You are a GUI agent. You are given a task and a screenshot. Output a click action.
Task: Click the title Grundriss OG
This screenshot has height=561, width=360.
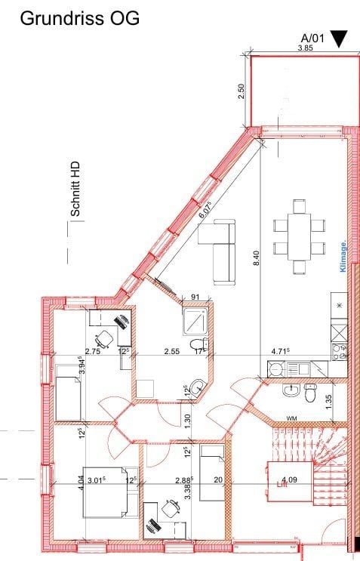pyautogui.click(x=79, y=19)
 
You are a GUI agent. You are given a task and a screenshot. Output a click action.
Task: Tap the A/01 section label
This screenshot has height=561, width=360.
pyautogui.click(x=312, y=38)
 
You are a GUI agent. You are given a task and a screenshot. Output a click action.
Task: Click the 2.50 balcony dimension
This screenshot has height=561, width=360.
pyautogui.click(x=241, y=90)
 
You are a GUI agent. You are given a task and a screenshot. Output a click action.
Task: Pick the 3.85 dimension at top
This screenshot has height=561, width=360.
pyautogui.click(x=305, y=48)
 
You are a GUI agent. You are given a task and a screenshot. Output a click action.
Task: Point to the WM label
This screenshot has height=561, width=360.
pyautogui.click(x=291, y=418)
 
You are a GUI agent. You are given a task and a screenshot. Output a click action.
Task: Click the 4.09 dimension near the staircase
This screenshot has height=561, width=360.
pyautogui.click(x=289, y=479)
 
